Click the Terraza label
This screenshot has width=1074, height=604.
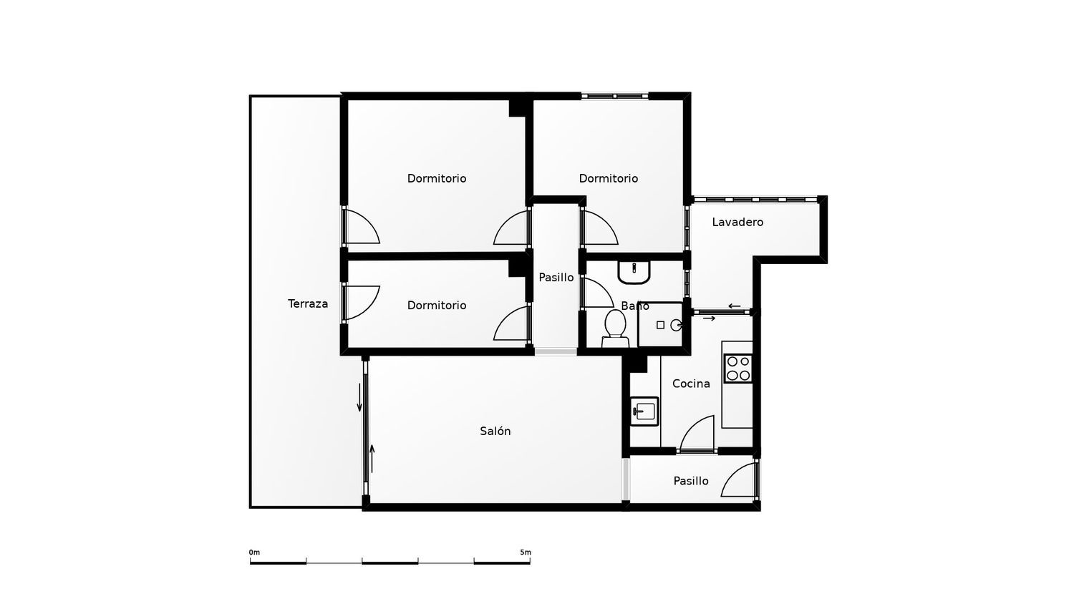coord(308,303)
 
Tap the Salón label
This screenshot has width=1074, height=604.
coord(495,431)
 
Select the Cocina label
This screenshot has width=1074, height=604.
coord(691,384)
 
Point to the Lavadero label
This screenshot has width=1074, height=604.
coord(737,222)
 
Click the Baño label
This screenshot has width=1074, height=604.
coord(635,306)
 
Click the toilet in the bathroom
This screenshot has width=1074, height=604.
coord(615,329)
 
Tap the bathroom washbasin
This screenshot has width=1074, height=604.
coord(634,272)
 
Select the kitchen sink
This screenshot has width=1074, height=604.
coord(644,411)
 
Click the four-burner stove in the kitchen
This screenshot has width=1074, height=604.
coord(738,368)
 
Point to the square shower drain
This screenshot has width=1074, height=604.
coord(660,325)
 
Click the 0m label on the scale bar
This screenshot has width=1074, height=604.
coord(254,552)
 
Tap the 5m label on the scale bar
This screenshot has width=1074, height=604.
coord(526,552)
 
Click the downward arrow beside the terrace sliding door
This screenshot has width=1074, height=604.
coord(359,397)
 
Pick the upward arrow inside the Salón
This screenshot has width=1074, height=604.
coord(372,459)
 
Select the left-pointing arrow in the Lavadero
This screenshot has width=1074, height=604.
coord(734,306)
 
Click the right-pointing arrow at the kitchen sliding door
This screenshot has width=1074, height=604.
coord(709,318)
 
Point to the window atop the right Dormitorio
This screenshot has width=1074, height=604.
coord(614,97)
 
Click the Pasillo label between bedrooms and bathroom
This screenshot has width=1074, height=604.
coord(556,278)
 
